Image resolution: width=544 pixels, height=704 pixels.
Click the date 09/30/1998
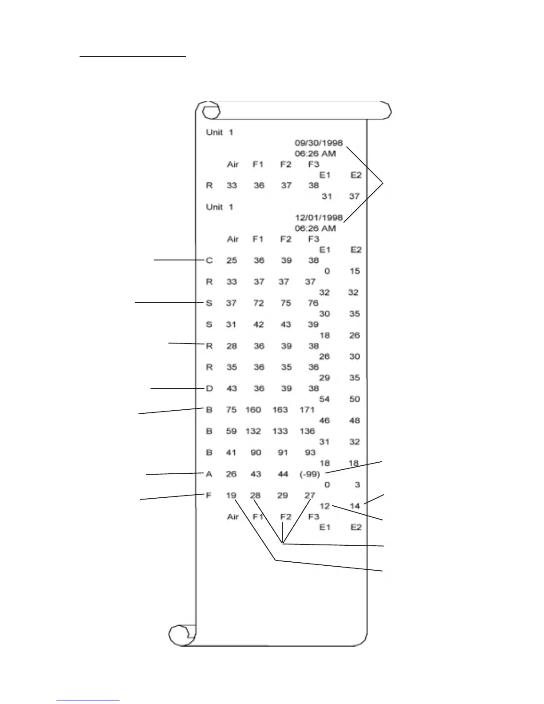click(319, 143)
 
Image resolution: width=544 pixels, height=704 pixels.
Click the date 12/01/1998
click(319, 218)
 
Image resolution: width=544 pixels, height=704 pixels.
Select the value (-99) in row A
click(310, 474)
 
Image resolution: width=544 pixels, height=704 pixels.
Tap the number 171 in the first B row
click(307, 410)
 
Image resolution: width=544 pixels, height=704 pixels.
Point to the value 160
click(253, 410)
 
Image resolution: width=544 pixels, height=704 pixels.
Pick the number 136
click(307, 431)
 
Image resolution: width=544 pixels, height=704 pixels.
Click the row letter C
click(209, 260)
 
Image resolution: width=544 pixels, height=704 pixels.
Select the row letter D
click(209, 388)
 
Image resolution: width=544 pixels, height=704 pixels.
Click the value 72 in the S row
click(258, 303)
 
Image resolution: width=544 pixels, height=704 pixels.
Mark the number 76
click(313, 303)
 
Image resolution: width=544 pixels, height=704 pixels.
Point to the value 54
click(324, 399)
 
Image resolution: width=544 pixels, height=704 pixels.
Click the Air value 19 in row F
click(231, 496)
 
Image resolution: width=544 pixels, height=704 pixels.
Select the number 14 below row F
click(355, 506)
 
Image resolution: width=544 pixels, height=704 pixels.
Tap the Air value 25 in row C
click(232, 260)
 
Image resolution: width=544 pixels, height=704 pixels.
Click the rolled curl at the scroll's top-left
click(211, 111)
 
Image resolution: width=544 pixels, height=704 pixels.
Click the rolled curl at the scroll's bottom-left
click(180, 634)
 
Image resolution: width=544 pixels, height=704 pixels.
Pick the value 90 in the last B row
click(256, 452)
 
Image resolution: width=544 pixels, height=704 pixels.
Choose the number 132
click(253, 431)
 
